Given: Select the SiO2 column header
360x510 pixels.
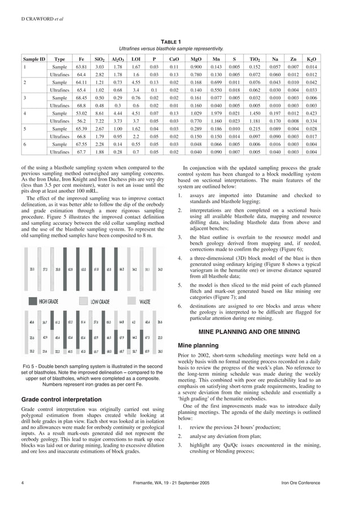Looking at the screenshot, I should tap(100, 58).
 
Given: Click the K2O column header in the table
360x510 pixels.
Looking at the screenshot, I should tap(311, 58).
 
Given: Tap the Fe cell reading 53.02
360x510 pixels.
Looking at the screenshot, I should tap(81, 114).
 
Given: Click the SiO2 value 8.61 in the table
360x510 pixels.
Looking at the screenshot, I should tap(100, 114).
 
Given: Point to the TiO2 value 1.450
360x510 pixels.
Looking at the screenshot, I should tap(254, 114).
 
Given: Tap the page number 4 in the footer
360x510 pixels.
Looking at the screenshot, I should tap(22, 483).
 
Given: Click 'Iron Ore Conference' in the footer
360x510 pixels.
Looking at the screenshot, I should tap(317, 483).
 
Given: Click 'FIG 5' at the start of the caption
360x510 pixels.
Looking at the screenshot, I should tap(29, 367).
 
